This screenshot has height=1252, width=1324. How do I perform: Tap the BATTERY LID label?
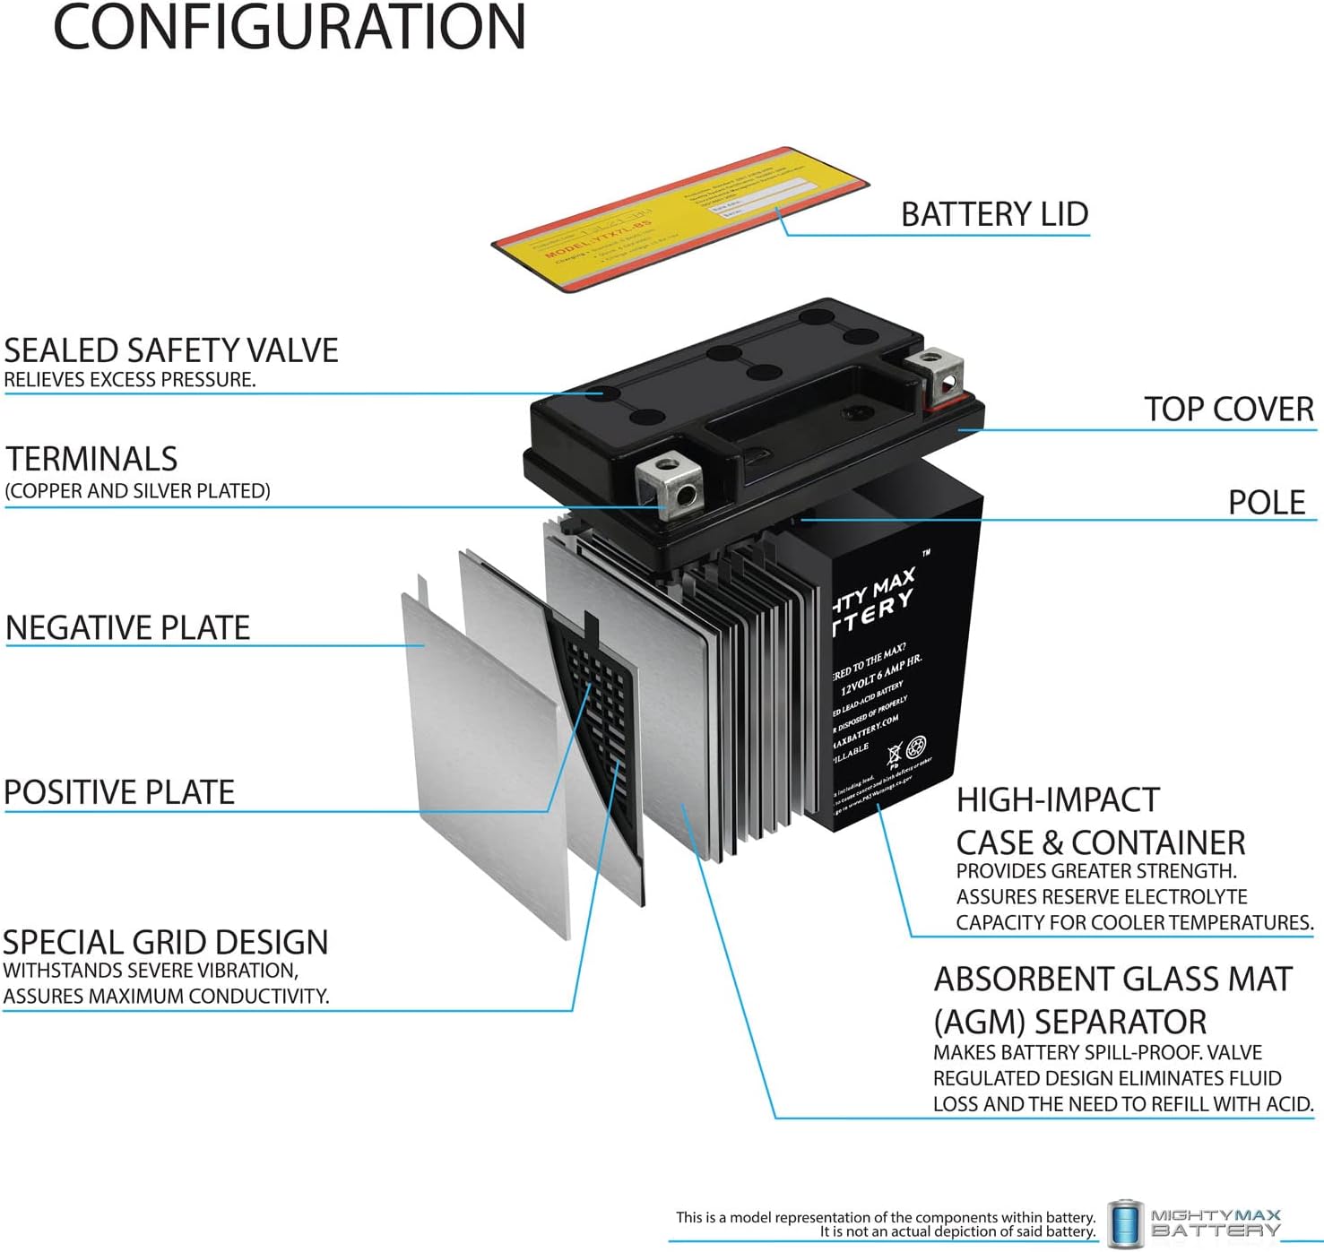click(994, 215)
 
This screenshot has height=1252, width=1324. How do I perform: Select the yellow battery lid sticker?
click(679, 219)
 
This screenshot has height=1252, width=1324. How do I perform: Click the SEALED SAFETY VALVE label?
click(171, 350)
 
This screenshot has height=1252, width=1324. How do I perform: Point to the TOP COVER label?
click(1228, 410)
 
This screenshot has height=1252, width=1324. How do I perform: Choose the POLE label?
click(1266, 503)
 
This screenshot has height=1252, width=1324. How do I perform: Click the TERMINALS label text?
click(92, 459)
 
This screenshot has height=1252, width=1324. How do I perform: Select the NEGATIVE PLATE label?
click(128, 628)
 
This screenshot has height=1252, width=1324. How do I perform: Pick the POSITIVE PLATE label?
click(119, 792)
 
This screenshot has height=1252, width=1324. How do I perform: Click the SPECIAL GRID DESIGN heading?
click(166, 943)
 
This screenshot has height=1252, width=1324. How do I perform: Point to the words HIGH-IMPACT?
click(1058, 799)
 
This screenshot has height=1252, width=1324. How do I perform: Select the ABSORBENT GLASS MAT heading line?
click(1112, 980)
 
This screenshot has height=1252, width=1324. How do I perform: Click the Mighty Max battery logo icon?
click(1124, 1223)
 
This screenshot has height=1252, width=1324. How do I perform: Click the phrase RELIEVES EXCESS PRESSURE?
click(130, 380)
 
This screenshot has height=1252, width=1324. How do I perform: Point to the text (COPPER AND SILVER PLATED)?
click(138, 491)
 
